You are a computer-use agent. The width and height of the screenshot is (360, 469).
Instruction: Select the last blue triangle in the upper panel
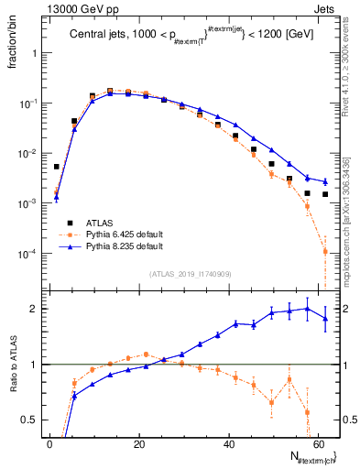[325, 181]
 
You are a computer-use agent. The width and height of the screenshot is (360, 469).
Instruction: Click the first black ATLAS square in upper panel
[57, 167]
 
